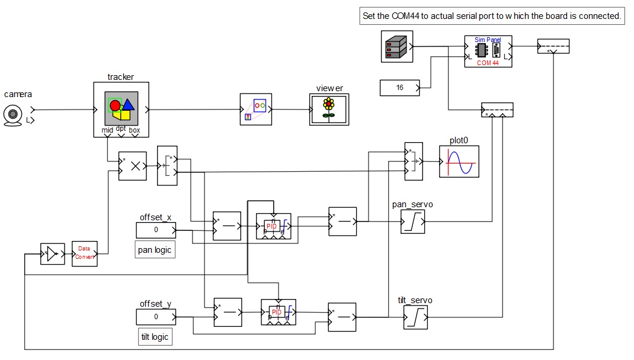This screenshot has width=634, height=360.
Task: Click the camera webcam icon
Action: click(12, 115)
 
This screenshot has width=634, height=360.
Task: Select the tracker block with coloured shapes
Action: click(121, 110)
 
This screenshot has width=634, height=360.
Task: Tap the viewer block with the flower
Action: click(329, 110)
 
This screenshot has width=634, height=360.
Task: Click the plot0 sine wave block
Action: click(459, 162)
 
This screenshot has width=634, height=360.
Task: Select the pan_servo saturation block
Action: click(413, 221)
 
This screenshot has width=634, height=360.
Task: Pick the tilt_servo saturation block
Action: click(415, 317)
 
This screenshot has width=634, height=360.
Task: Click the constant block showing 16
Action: click(399, 88)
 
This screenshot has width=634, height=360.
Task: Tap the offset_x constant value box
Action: click(156, 230)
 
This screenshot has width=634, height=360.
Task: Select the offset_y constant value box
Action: click(156, 317)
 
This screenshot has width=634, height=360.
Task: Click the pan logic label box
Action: click(155, 250)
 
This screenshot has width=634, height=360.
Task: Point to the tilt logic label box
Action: click(155, 337)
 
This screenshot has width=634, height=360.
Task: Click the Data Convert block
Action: click(85, 254)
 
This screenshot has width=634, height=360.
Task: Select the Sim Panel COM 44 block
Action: click(488, 52)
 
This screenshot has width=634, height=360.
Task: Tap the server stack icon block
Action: click(396, 46)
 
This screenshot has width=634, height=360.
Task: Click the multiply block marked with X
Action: click(133, 166)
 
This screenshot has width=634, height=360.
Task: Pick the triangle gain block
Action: click(53, 254)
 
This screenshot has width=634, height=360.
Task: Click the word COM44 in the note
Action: click(405, 16)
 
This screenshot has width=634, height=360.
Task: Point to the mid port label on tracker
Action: click(107, 130)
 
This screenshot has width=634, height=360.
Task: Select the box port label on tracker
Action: click(135, 130)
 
